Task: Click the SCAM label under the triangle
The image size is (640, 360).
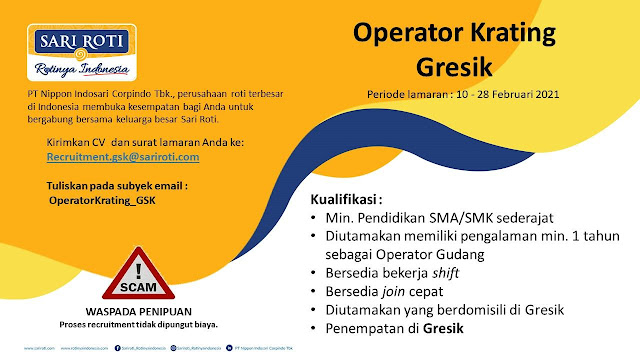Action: (x=139, y=286)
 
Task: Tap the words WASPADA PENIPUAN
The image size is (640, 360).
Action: (x=139, y=311)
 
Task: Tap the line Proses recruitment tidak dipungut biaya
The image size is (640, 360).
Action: (x=139, y=325)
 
